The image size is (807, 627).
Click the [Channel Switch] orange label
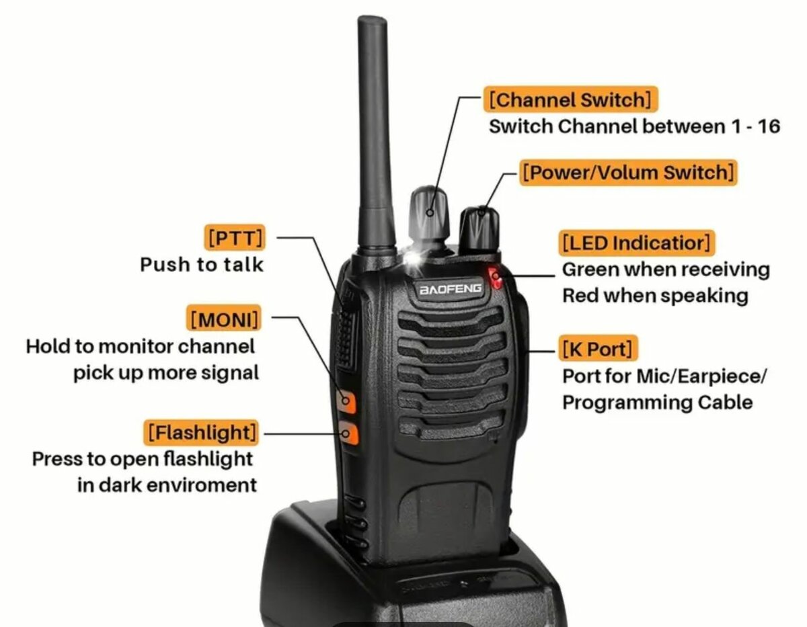[570, 100]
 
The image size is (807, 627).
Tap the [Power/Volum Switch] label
[628, 173]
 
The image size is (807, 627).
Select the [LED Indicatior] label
[636, 243]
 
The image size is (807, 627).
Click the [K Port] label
[597, 349]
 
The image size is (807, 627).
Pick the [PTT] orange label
[235, 238]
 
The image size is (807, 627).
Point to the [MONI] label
[225, 319]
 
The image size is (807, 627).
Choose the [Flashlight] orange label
[202, 432]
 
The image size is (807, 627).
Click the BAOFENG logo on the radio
[451, 289]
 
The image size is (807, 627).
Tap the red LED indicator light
[496, 278]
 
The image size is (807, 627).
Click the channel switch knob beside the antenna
[429, 214]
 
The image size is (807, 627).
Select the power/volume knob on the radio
[479, 228]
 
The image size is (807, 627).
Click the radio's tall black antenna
[374, 134]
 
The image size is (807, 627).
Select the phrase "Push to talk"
[202, 265]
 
